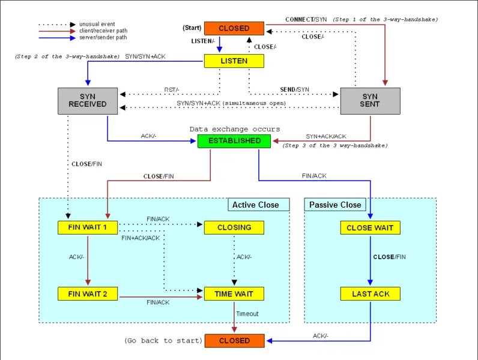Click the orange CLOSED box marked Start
pos(234,28)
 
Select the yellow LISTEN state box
pos(234,61)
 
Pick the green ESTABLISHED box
pos(234,141)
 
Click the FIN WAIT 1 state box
pos(88,228)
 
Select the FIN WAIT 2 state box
pos(88,294)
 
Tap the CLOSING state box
pos(234,228)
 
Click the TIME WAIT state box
pos(234,294)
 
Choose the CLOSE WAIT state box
pos(370,228)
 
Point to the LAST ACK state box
pos(370,294)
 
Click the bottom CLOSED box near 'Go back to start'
pos(234,341)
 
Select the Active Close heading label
pos(256,205)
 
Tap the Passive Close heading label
pos(335,205)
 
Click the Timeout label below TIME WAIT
pos(247,314)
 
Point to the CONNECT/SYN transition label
pos(306,19)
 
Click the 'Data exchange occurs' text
pos(235,129)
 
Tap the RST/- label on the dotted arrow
pos(172,89)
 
